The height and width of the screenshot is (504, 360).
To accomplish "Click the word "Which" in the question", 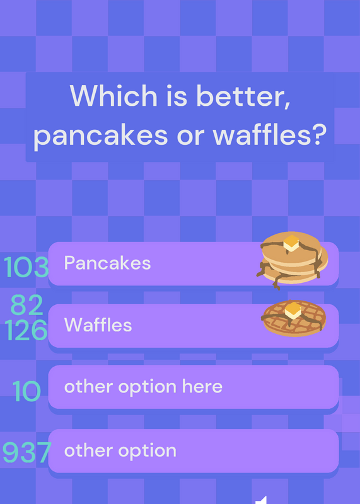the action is tap(113, 96).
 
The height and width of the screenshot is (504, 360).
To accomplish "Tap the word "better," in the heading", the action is tap(243, 96).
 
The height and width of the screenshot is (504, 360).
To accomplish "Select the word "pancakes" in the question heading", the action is tap(101, 135).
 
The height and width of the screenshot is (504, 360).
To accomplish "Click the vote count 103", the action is tap(26, 267).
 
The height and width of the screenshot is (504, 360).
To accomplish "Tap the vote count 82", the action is tap(26, 305).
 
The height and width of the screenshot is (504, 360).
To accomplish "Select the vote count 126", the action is tap(26, 330).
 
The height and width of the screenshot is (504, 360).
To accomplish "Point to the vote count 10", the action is tap(26, 391).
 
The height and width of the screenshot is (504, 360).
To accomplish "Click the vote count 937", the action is tap(27, 452).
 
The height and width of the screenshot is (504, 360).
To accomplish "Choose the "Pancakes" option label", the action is tap(107, 263).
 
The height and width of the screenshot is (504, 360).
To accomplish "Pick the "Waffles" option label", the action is tap(98, 324).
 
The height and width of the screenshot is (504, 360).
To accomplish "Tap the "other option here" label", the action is tap(144, 386).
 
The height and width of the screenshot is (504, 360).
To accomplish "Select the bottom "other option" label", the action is tap(120, 450).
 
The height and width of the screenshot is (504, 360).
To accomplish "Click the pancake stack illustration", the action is tap(293, 260).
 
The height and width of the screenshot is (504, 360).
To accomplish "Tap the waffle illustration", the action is tap(294, 318).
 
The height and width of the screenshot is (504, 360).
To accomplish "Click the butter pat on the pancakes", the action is tap(291, 243).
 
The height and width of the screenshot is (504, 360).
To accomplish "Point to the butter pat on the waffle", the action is tap(293, 310).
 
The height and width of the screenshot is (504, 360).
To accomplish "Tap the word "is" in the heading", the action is tap(177, 96).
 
